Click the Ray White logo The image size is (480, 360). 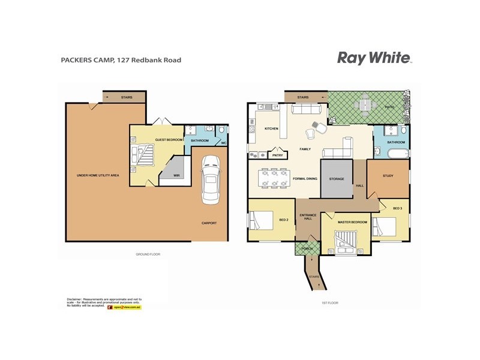[374, 58]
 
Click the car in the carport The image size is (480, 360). [211, 178]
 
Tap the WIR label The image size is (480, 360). [177, 176]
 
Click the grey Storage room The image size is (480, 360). [336, 179]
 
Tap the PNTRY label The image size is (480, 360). [277, 155]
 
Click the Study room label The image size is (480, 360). [388, 175]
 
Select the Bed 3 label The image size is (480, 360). [397, 208]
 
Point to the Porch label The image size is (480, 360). [307, 248]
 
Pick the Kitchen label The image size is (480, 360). [271, 129]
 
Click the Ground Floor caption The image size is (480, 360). [148, 254]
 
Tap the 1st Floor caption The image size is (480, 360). [330, 302]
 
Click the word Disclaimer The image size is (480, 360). [74, 298]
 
